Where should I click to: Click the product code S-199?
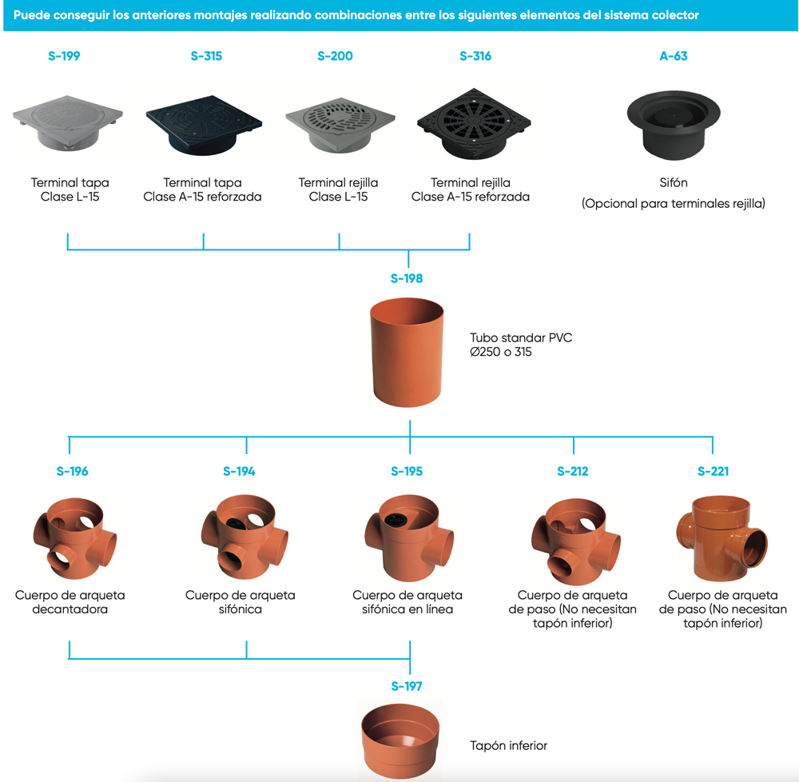click(64, 56)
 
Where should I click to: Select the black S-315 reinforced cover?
click(204, 125)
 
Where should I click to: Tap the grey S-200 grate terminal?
click(340, 125)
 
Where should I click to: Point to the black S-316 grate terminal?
click(474, 124)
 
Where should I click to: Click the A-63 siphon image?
click(673, 125)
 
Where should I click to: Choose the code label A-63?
click(673, 56)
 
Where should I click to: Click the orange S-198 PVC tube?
click(407, 353)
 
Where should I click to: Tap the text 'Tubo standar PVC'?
click(521, 337)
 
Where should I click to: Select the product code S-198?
click(407, 278)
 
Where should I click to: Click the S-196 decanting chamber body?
click(75, 538)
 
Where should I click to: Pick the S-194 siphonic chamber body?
click(244, 537)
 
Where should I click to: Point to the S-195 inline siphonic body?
click(408, 538)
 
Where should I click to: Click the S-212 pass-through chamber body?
click(576, 541)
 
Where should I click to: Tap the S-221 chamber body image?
click(722, 538)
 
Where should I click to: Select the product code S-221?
click(713, 472)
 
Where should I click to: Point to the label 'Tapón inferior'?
click(508, 746)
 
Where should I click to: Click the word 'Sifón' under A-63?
click(673, 182)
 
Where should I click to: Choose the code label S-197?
click(407, 686)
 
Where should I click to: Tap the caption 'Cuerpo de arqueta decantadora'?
click(70, 602)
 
